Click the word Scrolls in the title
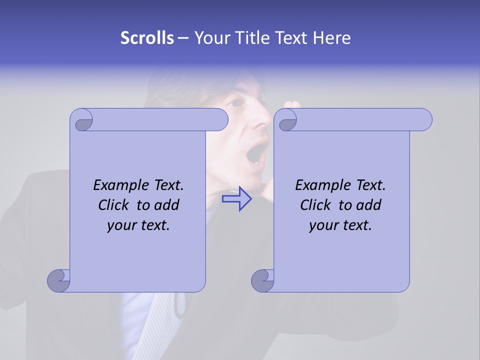(x=147, y=38)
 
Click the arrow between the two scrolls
(x=236, y=198)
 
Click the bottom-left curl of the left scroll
(x=59, y=280)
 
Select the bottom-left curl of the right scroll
(x=263, y=280)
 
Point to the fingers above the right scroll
(x=292, y=105)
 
